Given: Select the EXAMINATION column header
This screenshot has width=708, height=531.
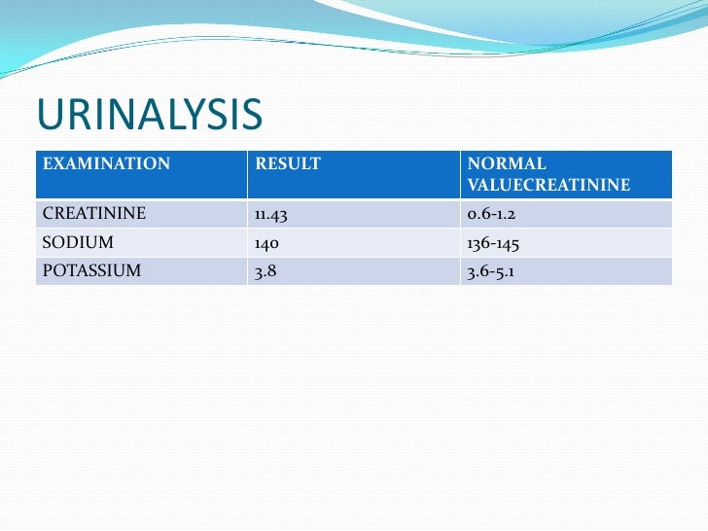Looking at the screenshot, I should (106, 164).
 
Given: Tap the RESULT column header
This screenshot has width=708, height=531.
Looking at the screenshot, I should (287, 164).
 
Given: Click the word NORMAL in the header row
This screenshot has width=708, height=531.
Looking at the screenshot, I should (507, 164).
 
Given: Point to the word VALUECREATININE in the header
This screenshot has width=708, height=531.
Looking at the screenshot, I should (549, 185).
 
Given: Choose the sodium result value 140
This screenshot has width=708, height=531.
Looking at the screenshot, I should (267, 242).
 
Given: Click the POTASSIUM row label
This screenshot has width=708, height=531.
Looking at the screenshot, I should (91, 271).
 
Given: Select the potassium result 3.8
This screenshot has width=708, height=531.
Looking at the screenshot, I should (265, 271).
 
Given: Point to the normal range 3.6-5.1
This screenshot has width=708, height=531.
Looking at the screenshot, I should (491, 271).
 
